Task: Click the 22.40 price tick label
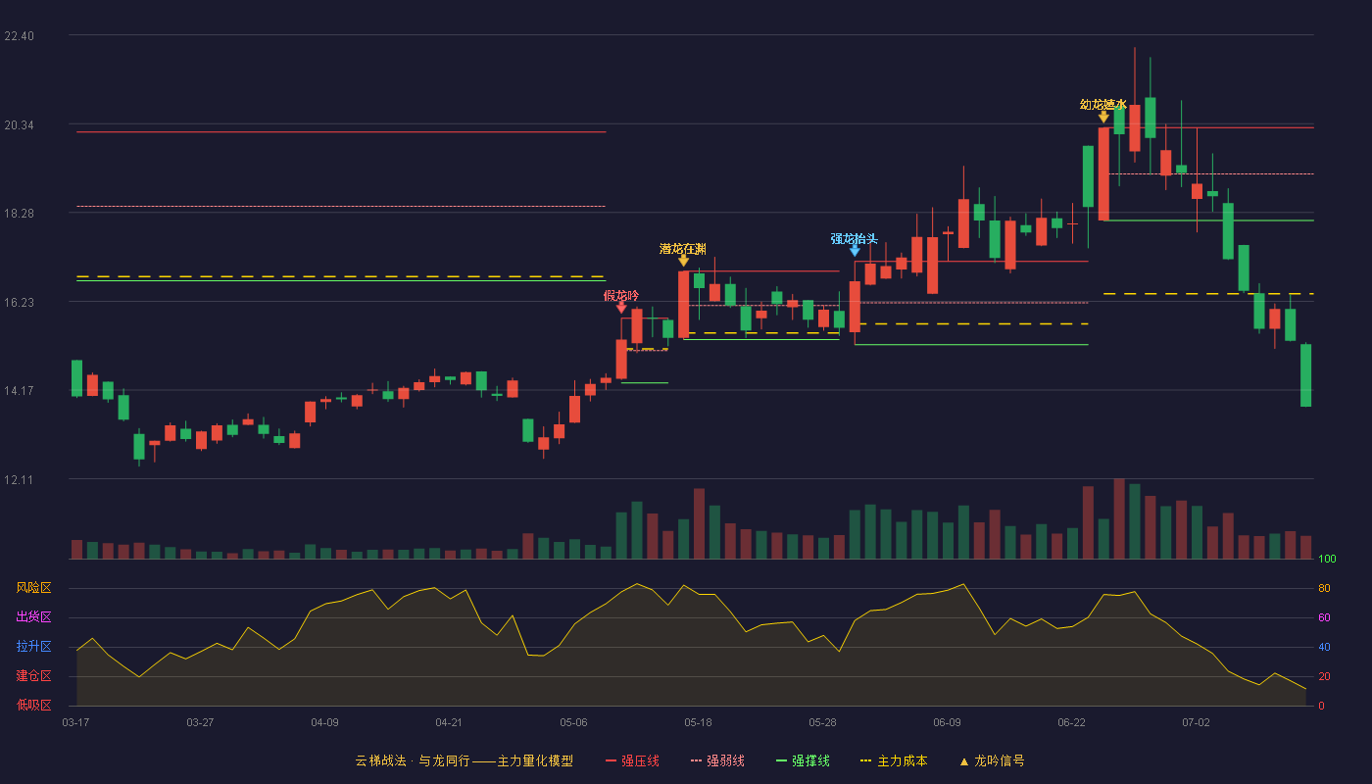(x=19, y=36)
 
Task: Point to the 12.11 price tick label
(x=19, y=479)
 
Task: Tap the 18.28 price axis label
(x=19, y=214)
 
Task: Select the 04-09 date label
(x=324, y=723)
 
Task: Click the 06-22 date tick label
(x=1071, y=723)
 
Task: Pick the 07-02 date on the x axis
(x=1196, y=723)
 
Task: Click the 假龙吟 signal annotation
(x=621, y=296)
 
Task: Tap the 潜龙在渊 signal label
(x=683, y=249)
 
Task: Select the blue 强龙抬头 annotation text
(x=854, y=239)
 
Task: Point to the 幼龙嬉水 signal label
(x=1103, y=105)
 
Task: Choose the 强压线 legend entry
(x=633, y=760)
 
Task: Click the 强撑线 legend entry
(x=803, y=760)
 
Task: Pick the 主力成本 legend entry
(x=894, y=760)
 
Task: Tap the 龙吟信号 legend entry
(x=992, y=760)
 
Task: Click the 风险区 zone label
(x=33, y=587)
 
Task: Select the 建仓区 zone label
(x=33, y=675)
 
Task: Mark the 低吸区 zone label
(x=33, y=705)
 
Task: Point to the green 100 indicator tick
(x=1327, y=559)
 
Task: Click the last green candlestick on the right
(x=1305, y=374)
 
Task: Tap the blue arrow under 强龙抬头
(x=855, y=251)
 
